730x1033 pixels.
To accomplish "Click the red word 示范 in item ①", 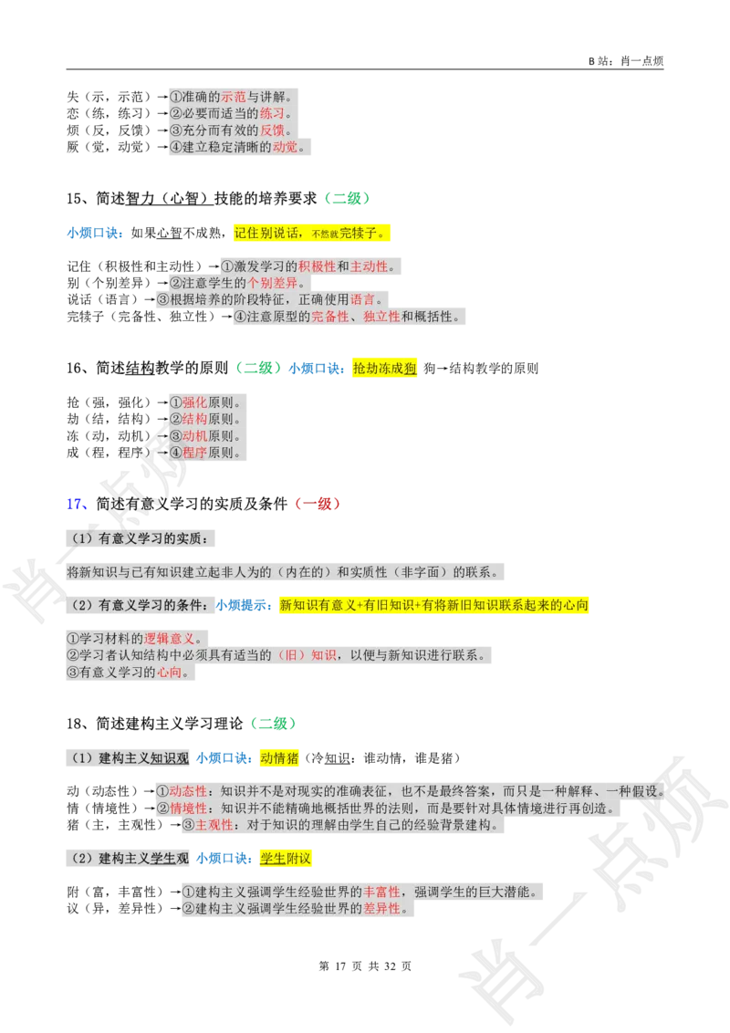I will pyautogui.click(x=235, y=97).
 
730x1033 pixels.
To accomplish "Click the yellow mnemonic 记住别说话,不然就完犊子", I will pyautogui.click(x=310, y=234).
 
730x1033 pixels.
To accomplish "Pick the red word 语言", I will pyautogui.click(x=362, y=299).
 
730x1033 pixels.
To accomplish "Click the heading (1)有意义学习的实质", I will pyautogui.click(x=142, y=538).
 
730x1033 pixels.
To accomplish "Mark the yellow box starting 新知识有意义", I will pyautogui.click(x=433, y=605).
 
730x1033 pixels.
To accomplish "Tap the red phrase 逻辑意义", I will pyautogui.click(x=171, y=638).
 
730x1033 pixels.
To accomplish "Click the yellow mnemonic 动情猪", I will pyautogui.click(x=278, y=757).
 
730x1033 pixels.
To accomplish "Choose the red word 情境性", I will pyautogui.click(x=189, y=809).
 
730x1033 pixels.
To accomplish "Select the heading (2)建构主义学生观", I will pyautogui.click(x=129, y=859).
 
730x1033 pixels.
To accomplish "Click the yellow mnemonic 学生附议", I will pyautogui.click(x=286, y=859).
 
